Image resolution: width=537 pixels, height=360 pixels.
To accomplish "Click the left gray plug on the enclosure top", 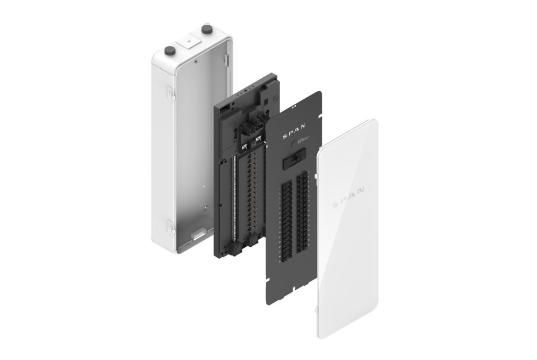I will [x=170, y=50].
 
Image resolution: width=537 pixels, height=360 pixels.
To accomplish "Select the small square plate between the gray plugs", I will [x=187, y=40].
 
